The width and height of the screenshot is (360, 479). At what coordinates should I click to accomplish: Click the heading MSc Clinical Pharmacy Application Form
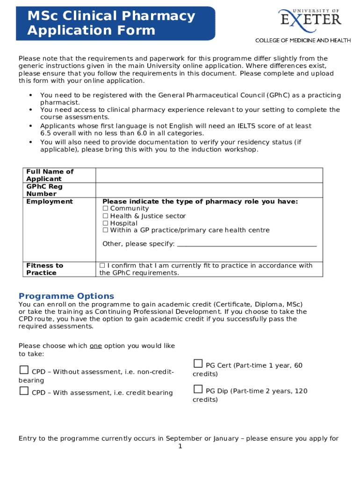(x=111, y=23)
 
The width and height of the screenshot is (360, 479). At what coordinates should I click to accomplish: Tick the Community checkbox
(x=106, y=209)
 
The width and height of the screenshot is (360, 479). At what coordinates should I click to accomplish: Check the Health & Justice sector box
(x=106, y=216)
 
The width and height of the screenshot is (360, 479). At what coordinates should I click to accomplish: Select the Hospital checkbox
(x=106, y=224)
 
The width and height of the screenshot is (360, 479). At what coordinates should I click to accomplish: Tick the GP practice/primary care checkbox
(x=106, y=230)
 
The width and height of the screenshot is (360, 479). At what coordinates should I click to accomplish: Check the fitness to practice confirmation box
(x=102, y=266)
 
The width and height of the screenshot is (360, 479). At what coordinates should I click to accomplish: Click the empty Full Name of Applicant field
(x=209, y=175)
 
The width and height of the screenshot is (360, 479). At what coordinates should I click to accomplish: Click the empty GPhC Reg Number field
(x=209, y=190)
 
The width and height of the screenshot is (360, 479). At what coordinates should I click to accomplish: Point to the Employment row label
(x=50, y=202)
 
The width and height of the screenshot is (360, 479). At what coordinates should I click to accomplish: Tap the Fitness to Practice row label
(x=45, y=269)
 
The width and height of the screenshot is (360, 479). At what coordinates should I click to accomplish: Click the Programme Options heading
(x=66, y=296)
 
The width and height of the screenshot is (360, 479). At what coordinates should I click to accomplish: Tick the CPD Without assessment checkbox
(x=24, y=370)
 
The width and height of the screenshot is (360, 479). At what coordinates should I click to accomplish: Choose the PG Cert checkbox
(x=198, y=363)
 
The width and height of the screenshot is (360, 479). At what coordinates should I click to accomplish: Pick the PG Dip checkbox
(x=198, y=389)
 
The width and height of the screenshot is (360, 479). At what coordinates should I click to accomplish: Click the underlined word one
(x=96, y=346)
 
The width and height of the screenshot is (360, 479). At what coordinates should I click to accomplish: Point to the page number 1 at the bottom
(x=180, y=447)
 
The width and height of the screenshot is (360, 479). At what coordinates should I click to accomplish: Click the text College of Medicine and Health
(x=302, y=40)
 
